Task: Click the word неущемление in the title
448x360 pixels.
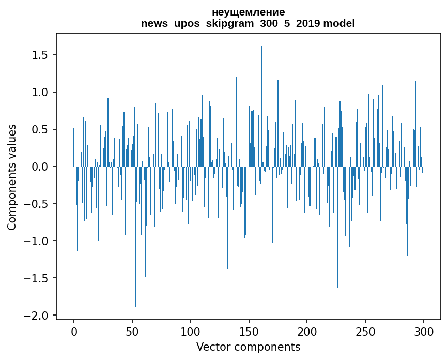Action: pos(248,12)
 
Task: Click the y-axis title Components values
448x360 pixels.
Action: pos(12,177)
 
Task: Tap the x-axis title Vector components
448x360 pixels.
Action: pos(248,347)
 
